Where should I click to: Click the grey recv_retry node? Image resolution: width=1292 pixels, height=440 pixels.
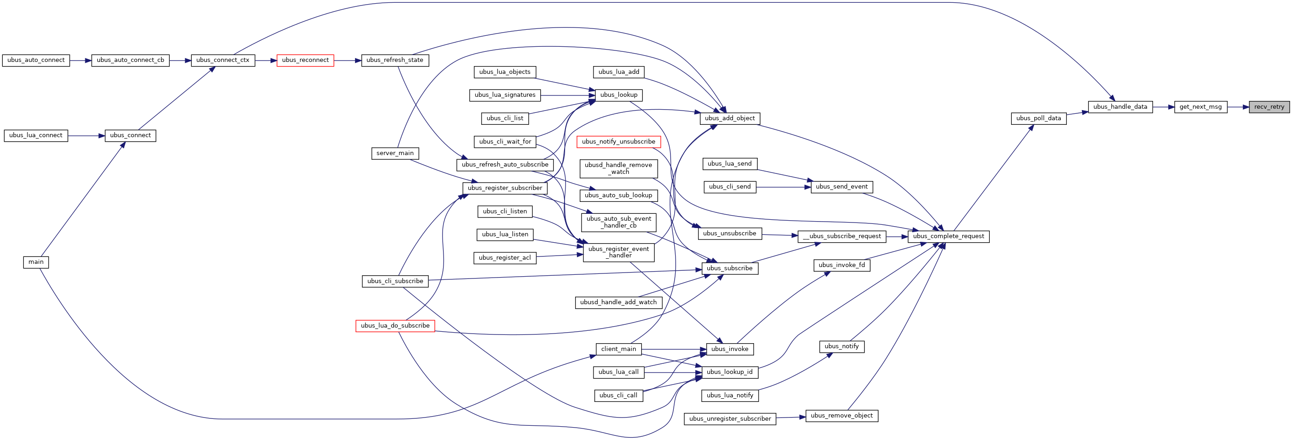1269,107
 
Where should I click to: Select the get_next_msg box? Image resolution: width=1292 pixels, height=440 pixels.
1201,107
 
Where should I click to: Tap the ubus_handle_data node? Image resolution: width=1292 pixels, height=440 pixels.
1120,107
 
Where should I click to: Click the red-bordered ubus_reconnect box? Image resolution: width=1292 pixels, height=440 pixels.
305,60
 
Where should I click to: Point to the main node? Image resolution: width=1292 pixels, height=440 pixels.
36,262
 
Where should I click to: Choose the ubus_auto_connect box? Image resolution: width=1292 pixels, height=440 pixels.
36,60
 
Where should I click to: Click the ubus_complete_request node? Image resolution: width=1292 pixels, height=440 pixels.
948,236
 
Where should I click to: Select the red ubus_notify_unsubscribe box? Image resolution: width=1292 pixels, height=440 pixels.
618,142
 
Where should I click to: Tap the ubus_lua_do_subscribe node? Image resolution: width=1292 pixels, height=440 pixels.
395,326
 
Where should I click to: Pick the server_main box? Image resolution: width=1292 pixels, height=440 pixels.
395,153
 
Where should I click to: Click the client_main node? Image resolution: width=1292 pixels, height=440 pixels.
618,349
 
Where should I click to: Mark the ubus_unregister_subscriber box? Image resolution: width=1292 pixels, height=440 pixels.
730,419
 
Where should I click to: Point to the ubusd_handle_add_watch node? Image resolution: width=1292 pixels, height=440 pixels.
618,302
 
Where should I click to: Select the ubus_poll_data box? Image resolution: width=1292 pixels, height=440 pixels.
1039,118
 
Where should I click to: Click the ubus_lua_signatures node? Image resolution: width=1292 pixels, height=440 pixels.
505,95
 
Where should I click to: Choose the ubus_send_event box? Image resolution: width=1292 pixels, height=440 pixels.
842,187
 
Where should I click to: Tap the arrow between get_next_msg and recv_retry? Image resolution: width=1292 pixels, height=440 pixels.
1238,107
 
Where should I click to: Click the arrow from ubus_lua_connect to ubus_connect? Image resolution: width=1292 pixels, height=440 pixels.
86,135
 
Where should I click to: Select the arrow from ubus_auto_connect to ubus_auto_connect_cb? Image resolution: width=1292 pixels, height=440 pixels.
81,60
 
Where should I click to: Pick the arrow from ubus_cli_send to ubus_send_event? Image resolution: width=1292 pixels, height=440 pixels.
783,187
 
